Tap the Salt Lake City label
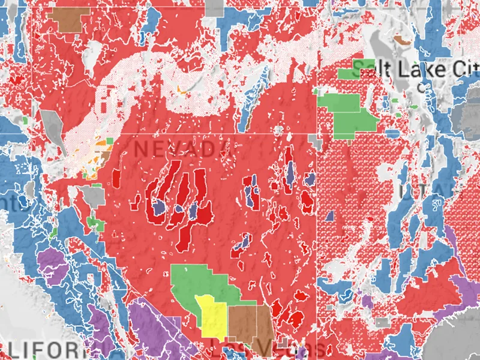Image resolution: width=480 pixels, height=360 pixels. [414, 69]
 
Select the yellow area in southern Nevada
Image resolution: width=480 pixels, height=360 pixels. [212, 315]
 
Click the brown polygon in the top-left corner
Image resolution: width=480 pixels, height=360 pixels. [67, 19]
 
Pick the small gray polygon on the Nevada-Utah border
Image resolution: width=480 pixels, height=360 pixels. [316, 142]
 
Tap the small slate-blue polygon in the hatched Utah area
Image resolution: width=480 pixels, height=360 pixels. [330, 215]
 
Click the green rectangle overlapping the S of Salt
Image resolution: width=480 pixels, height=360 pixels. [347, 74]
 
